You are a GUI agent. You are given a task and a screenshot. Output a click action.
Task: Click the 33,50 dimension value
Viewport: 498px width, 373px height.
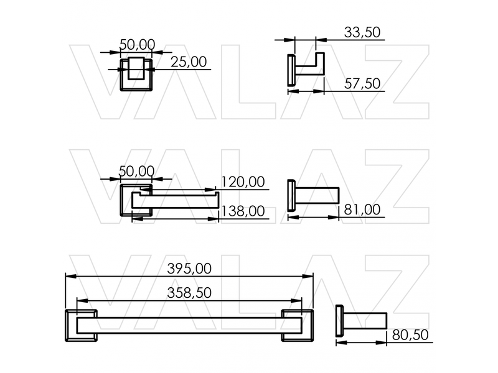click(x=362, y=32)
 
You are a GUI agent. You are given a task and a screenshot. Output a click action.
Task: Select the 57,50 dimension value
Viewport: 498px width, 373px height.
click(x=362, y=83)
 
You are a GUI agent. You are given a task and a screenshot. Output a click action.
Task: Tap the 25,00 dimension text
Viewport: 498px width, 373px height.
click(x=189, y=62)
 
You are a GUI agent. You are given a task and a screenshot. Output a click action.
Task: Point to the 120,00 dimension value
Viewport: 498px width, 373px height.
click(x=243, y=182)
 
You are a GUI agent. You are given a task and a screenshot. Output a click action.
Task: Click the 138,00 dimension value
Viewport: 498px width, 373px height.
click(x=243, y=211)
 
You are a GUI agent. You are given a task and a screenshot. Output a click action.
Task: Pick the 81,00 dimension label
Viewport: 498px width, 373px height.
click(x=362, y=210)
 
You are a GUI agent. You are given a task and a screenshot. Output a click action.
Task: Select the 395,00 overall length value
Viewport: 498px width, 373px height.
click(x=189, y=269)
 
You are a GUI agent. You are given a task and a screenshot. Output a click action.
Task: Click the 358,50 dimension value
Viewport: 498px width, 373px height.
click(x=189, y=293)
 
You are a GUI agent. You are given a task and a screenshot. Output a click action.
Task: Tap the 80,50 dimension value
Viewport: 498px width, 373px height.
click(x=410, y=335)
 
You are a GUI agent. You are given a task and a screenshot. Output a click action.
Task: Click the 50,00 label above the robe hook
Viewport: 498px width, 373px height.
click(x=137, y=45)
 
